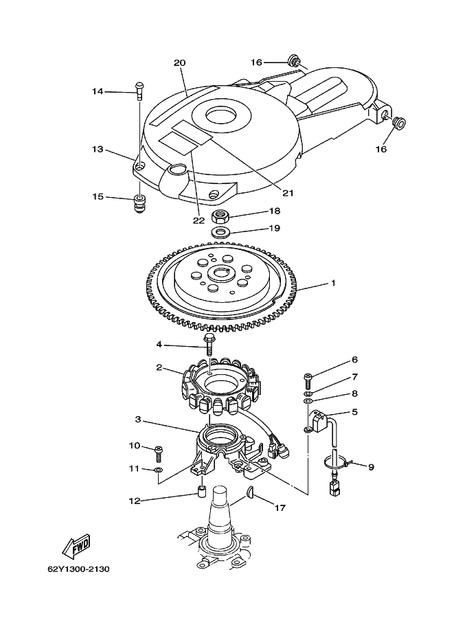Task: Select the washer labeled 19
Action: [220, 232]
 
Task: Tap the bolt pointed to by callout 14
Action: [139, 91]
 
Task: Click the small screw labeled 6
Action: [308, 380]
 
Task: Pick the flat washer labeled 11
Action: [159, 469]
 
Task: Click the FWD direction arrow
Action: [76, 545]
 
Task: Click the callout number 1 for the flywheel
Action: [333, 283]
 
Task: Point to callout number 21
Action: [288, 193]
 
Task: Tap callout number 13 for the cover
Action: [98, 149]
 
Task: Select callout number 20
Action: [179, 62]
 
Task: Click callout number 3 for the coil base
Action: [137, 420]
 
